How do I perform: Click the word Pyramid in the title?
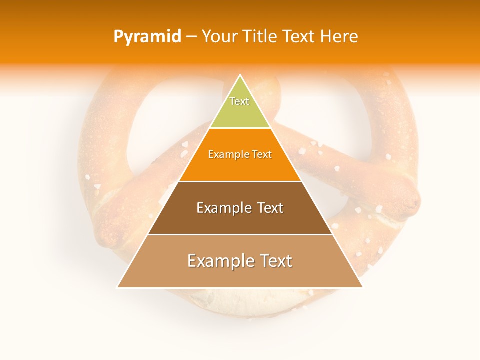(x=147, y=37)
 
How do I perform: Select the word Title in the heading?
(x=260, y=37)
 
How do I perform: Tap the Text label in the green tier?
(x=239, y=101)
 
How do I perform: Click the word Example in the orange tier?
(x=227, y=154)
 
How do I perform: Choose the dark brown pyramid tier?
(x=240, y=220)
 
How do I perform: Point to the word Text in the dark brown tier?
(x=269, y=208)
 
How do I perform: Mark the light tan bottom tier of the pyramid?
(x=240, y=275)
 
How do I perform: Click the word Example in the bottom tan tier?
(x=218, y=261)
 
